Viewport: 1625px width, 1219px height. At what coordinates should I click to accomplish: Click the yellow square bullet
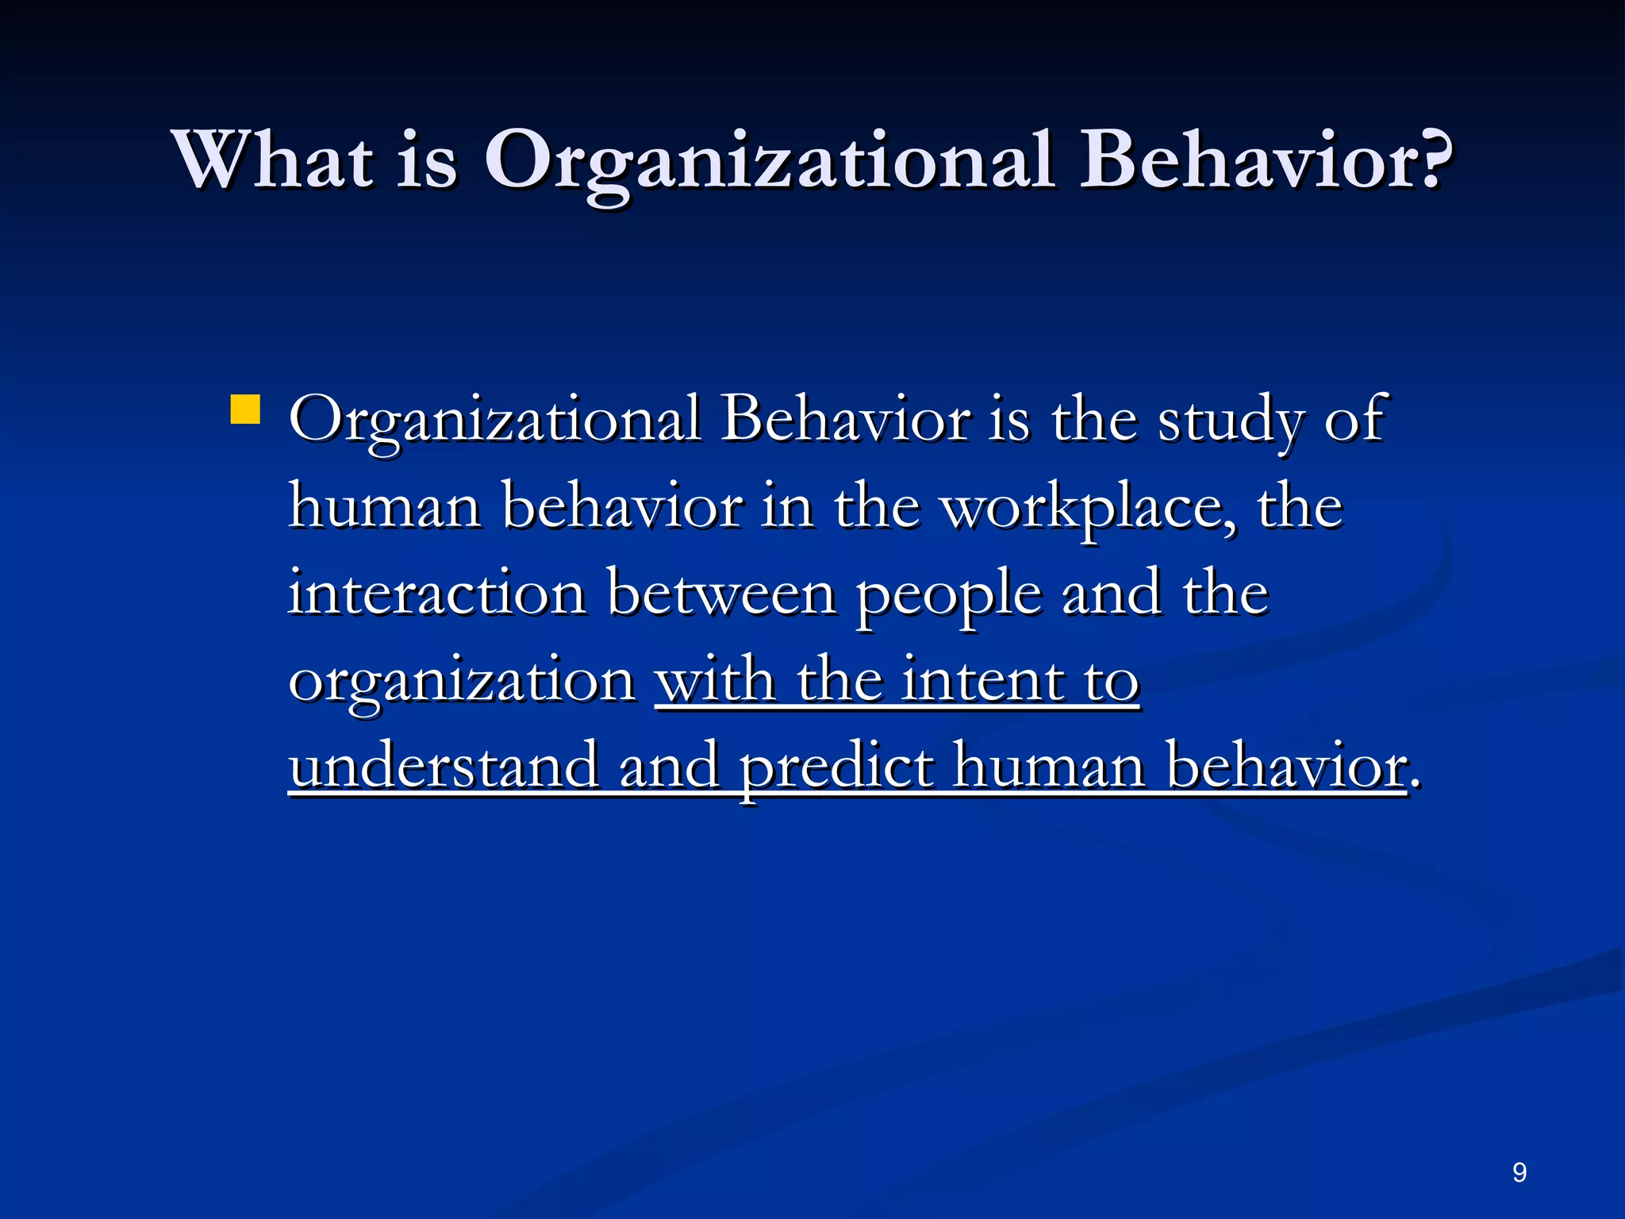[245, 410]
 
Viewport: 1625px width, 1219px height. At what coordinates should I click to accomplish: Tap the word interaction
[437, 593]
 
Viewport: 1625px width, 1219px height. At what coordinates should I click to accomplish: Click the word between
[721, 593]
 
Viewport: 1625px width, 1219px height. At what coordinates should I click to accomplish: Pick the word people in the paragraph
[948, 597]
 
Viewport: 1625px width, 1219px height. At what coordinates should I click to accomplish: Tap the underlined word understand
[444, 766]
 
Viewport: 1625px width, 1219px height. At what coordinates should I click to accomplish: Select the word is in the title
[427, 161]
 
